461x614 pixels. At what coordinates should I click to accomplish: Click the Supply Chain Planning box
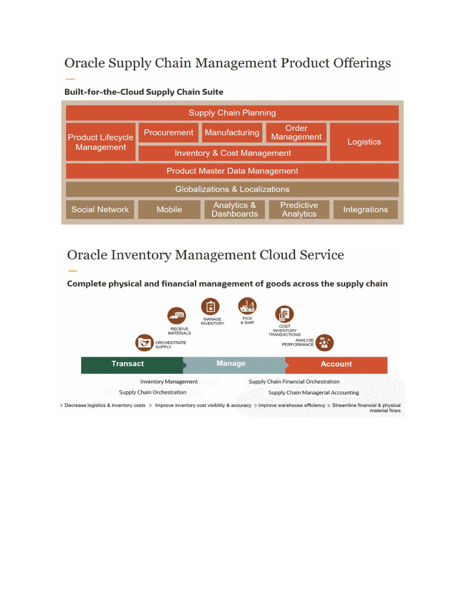pos(232,113)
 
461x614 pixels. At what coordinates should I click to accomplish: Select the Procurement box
pos(169,133)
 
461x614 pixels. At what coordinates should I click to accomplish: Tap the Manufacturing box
pos(232,133)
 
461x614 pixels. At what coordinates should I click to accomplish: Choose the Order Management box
pos(297,133)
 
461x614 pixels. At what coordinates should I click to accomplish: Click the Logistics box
pos(364,142)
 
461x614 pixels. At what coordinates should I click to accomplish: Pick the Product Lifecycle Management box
pos(101,142)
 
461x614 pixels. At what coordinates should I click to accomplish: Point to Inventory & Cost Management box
pos(233,153)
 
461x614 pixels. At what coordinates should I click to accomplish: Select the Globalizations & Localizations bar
pos(232,189)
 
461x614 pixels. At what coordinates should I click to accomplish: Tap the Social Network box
pos(100,209)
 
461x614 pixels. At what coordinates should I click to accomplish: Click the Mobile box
pos(169,209)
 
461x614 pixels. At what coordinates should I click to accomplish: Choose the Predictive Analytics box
pos(299,209)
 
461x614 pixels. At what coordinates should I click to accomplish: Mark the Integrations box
pos(366,209)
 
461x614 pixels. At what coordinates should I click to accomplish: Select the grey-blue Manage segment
pos(234,365)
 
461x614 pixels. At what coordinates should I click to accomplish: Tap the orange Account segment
pos(336,365)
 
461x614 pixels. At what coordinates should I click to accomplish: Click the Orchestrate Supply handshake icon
pos(144,343)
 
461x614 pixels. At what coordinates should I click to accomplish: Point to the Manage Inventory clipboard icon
pos(211,306)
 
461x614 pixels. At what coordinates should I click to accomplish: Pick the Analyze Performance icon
pos(325,343)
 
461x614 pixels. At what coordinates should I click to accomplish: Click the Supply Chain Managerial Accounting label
pos(313,392)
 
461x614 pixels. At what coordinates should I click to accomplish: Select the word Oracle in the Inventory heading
pos(87,255)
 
